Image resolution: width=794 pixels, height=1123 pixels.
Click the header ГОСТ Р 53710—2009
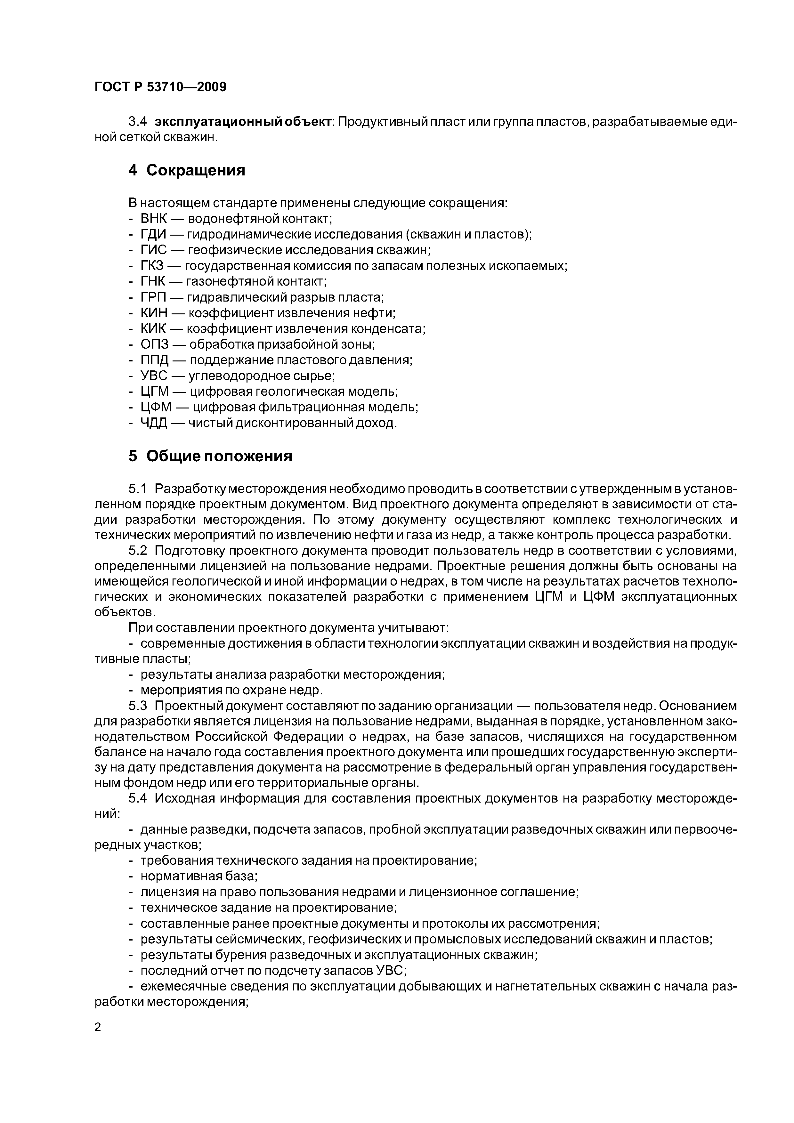pyautogui.click(x=160, y=87)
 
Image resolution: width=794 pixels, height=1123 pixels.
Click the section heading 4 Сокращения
pyautogui.click(x=186, y=170)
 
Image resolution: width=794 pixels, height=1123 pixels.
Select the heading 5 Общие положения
pyautogui.click(x=210, y=456)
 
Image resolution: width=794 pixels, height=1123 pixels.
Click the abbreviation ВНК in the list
pyautogui.click(x=154, y=219)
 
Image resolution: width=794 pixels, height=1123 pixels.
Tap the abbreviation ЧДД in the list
pyautogui.click(x=154, y=423)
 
